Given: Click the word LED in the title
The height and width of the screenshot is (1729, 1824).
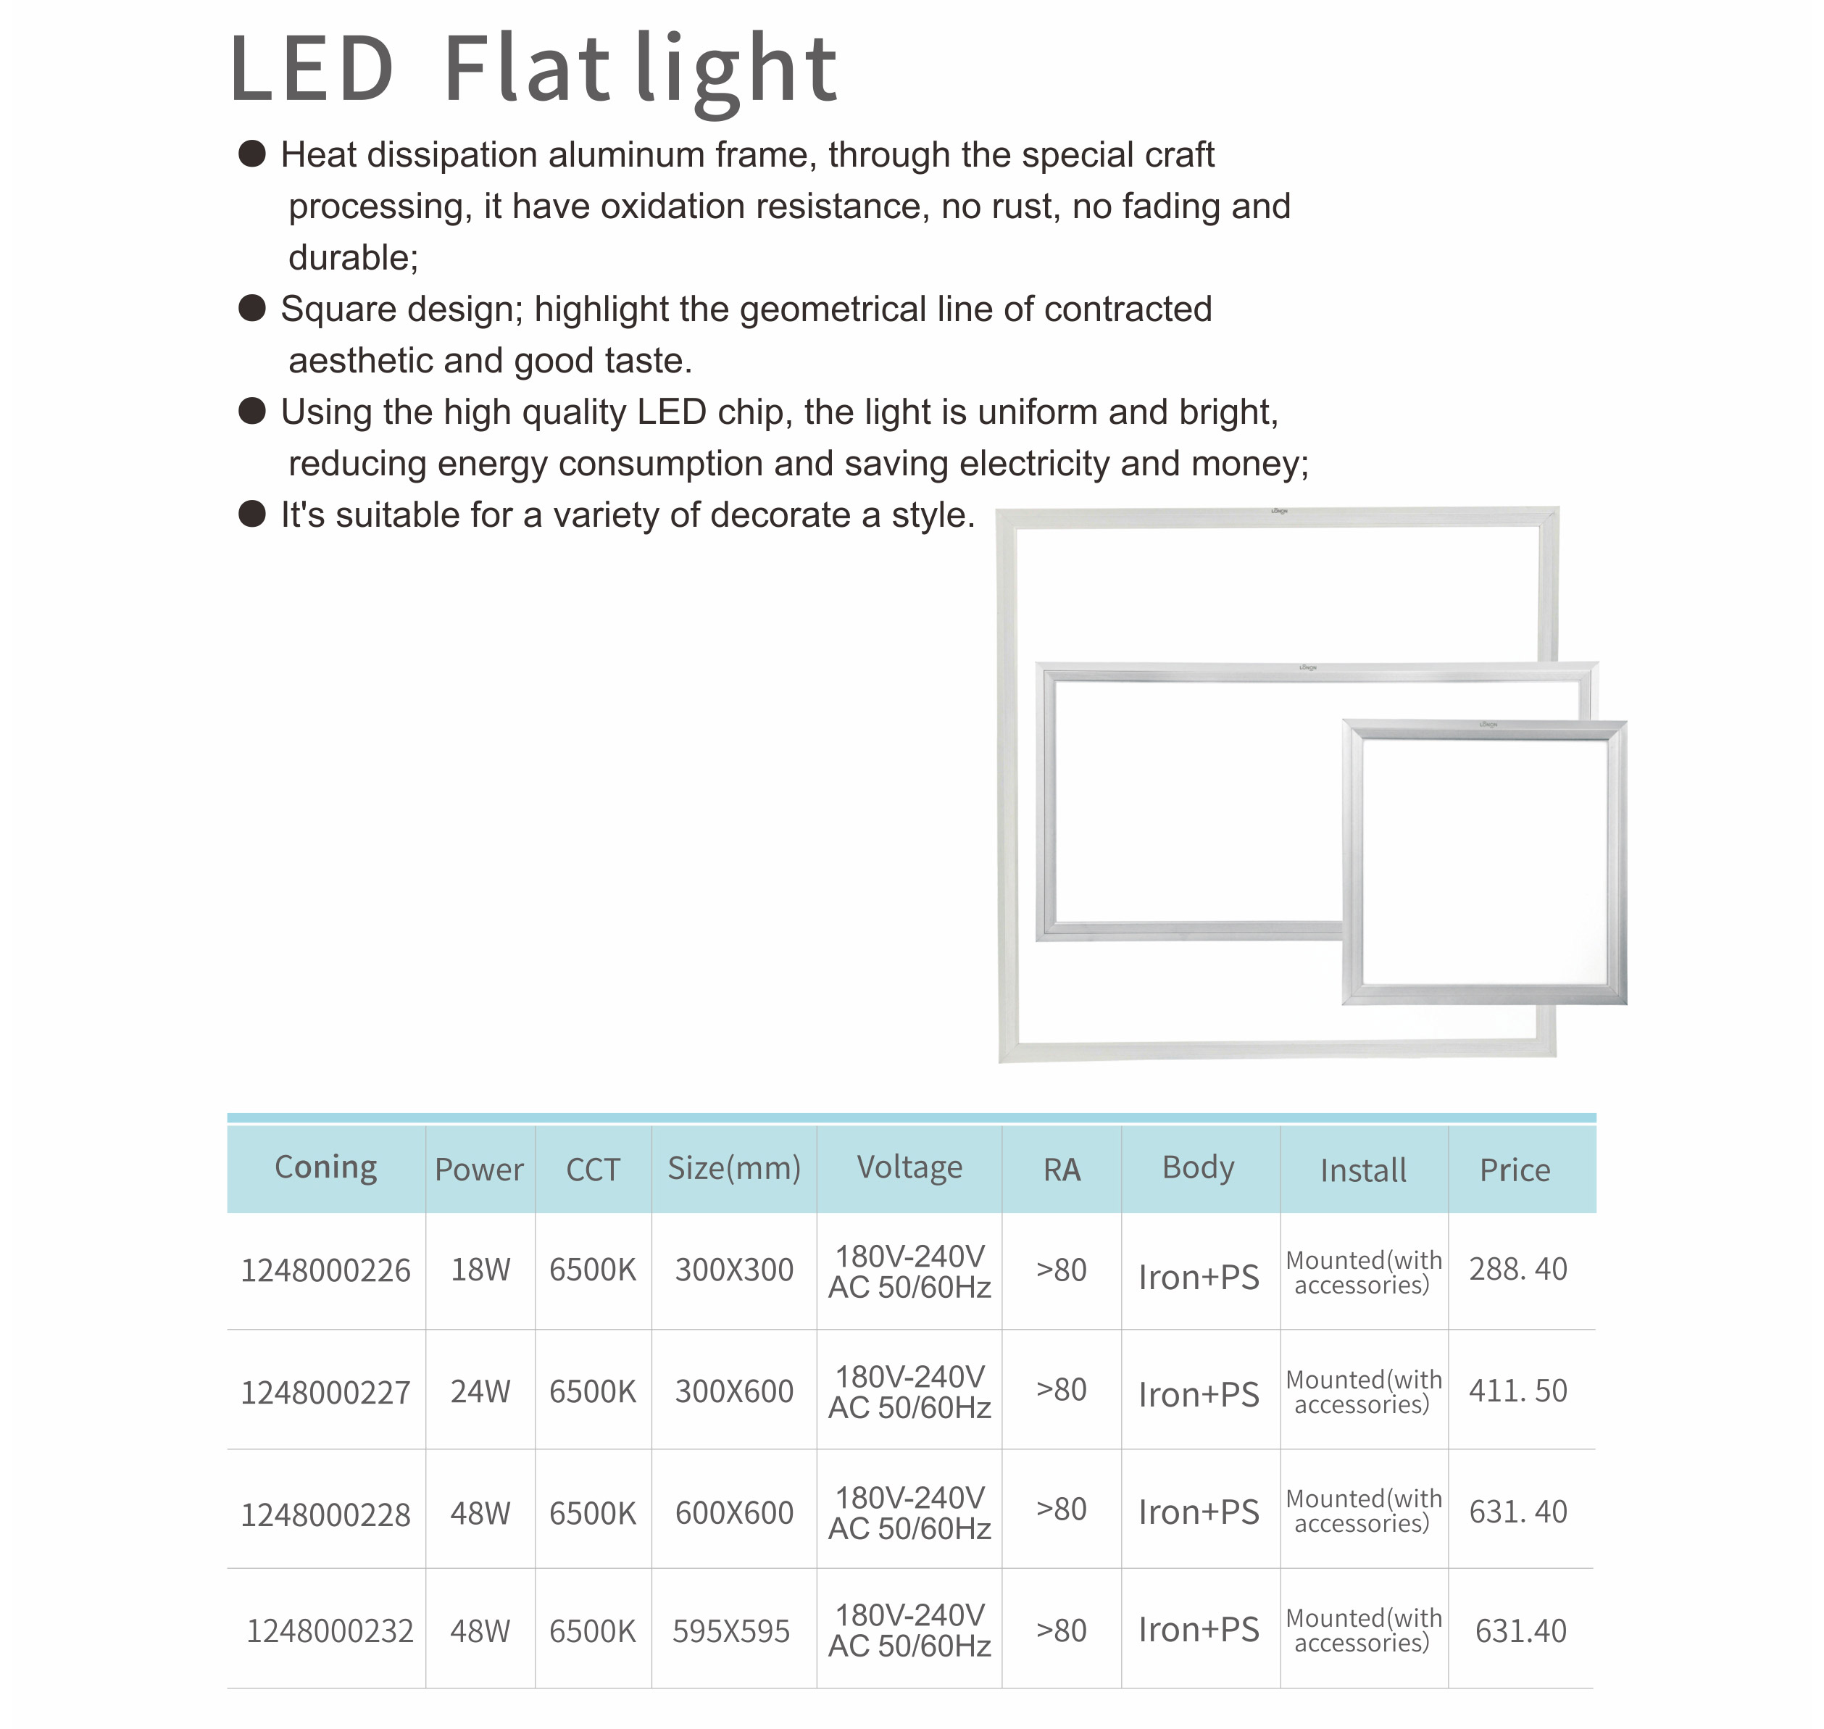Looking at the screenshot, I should pyautogui.click(x=312, y=69).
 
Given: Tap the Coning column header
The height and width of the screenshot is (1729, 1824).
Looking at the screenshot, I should pyautogui.click(x=325, y=1167).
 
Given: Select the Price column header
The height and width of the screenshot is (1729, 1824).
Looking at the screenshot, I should pyautogui.click(x=1515, y=1170).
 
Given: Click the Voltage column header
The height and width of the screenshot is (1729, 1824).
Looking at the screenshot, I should pyautogui.click(x=909, y=1167).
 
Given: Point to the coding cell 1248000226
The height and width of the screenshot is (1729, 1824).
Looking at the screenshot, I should pyautogui.click(x=325, y=1271).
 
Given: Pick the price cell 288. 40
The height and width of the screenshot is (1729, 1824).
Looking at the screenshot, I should pyautogui.click(x=1517, y=1269).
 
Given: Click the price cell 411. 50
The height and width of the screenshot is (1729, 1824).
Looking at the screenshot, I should pyautogui.click(x=1517, y=1390).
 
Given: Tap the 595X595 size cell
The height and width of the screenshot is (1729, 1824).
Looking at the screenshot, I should pyautogui.click(x=731, y=1631).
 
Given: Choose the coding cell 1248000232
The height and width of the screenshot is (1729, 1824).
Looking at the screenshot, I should pyautogui.click(x=329, y=1631).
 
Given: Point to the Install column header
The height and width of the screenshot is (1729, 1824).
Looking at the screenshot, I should pyautogui.click(x=1362, y=1170).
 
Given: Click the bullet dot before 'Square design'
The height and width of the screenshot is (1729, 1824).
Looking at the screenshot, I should pyautogui.click(x=251, y=308).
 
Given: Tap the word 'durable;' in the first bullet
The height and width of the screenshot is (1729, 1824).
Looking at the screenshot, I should pyautogui.click(x=353, y=258).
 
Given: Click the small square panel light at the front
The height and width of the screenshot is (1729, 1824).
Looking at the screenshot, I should pyautogui.click(x=1484, y=862).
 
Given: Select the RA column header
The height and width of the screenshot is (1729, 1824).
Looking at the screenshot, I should pyautogui.click(x=1061, y=1170).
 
